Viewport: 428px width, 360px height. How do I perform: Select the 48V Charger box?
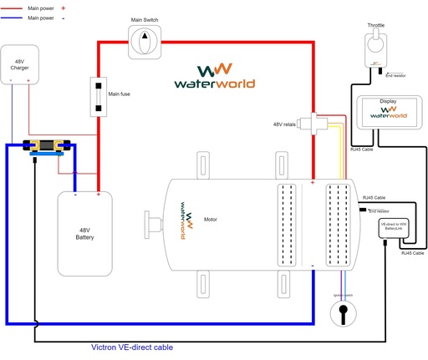pyautogui.click(x=20, y=63)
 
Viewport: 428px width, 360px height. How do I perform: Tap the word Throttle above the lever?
pyautogui.click(x=375, y=25)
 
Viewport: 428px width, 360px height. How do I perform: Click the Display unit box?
pyautogui.click(x=388, y=113)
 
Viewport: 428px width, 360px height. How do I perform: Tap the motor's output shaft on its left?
pyautogui.click(x=153, y=223)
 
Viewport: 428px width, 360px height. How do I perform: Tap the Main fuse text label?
pyautogui.click(x=120, y=94)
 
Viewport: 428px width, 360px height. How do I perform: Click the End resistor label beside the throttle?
pyautogui.click(x=395, y=75)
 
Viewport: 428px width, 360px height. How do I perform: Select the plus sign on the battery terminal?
pyautogui.click(x=99, y=195)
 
